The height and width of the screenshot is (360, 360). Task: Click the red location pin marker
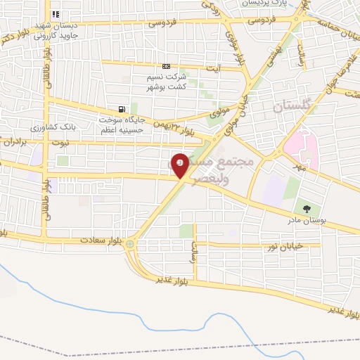pos(181,165)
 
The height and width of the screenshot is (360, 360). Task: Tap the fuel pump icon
pos(123,109)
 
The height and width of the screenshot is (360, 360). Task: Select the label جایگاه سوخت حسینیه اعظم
pos(121,124)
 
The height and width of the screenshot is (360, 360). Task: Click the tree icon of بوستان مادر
pos(306,207)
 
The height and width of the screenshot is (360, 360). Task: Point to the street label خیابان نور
pos(284,245)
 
